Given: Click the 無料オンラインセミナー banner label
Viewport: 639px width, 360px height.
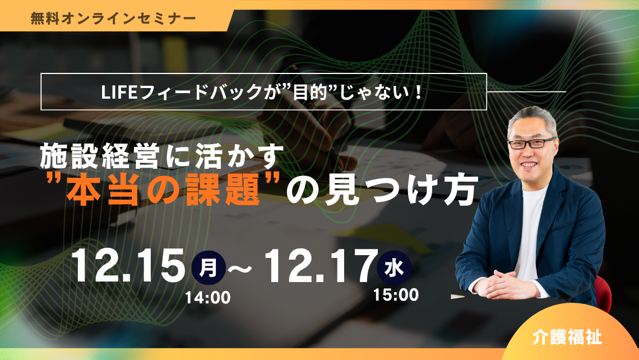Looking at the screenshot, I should click(x=113, y=17).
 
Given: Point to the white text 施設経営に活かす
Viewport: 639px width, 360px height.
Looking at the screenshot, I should click(x=159, y=158).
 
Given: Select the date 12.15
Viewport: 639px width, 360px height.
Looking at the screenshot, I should click(x=128, y=266).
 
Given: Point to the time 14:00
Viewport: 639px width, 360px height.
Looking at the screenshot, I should click(x=208, y=298).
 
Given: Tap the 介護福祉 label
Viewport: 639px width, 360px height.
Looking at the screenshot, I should click(x=567, y=338).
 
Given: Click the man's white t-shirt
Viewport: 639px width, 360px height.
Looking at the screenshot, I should click(x=529, y=224).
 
